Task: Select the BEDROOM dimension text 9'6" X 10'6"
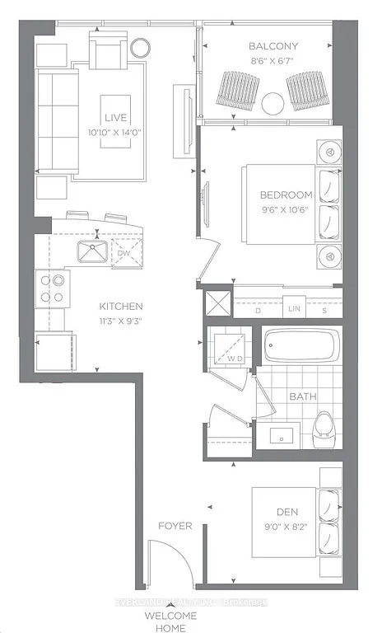click(286, 209)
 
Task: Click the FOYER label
click(174, 525)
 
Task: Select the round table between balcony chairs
click(272, 103)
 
